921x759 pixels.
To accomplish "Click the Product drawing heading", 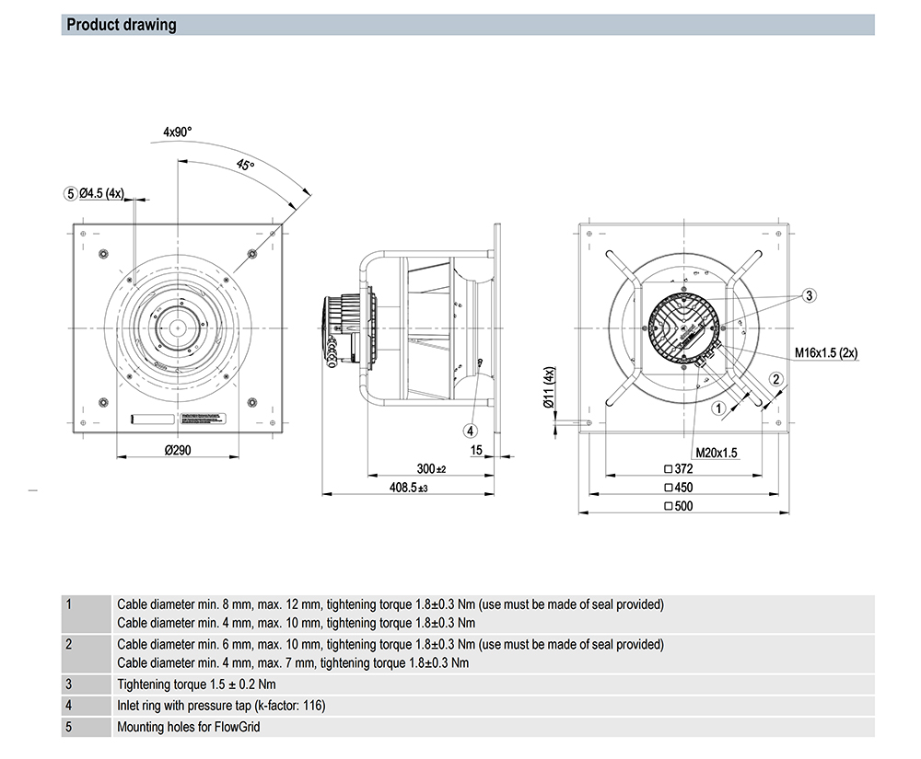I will [x=121, y=25].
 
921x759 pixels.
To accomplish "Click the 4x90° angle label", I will [x=178, y=132].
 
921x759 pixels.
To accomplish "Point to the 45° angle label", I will [x=245, y=166].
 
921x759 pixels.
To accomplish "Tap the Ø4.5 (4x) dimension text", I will [x=102, y=193].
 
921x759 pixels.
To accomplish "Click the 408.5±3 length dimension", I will [x=410, y=488].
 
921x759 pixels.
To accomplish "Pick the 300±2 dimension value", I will [x=430, y=469].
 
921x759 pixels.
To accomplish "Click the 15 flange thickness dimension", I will [x=476, y=450].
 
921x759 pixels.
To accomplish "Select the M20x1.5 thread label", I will [x=718, y=452].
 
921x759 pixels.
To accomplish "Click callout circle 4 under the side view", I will [x=471, y=430].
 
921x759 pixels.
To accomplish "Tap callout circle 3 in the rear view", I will [x=809, y=295].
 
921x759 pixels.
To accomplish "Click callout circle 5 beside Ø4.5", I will [x=70, y=193].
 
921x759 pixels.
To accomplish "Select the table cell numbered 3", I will [x=70, y=684].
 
